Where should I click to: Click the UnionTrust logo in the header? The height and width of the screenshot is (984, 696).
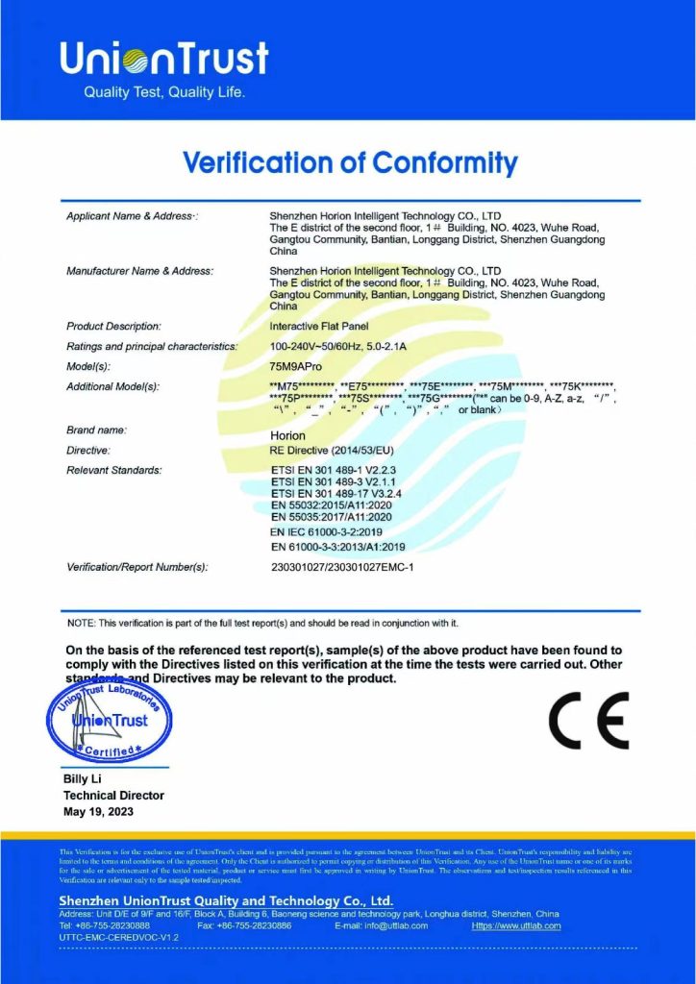[163, 60]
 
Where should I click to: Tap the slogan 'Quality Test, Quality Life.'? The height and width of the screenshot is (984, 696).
[164, 93]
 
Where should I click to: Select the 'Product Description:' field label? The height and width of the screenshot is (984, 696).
[113, 327]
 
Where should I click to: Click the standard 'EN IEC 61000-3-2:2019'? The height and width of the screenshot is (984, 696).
[328, 530]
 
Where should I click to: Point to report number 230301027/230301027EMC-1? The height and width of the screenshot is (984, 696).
[342, 567]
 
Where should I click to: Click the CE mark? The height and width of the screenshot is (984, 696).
[588, 721]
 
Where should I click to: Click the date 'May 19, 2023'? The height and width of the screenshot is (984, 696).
[99, 812]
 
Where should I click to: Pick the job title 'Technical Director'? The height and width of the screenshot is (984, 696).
[113, 796]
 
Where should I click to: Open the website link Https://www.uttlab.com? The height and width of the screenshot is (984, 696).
[516, 925]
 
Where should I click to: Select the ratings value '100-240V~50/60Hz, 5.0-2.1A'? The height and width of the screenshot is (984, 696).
[351, 346]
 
